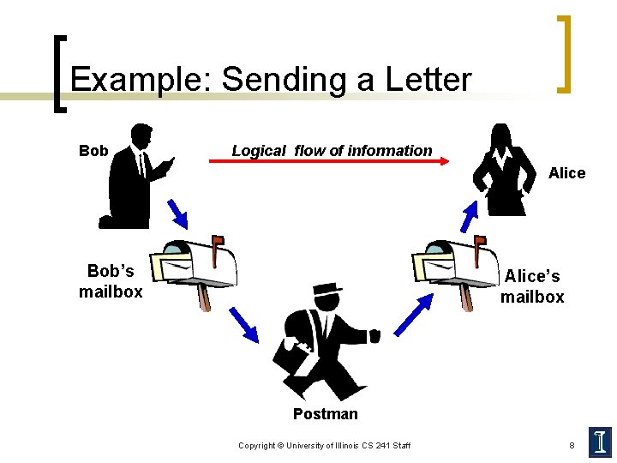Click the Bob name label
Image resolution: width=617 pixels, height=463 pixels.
[x=93, y=151]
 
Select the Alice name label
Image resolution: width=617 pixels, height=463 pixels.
[x=566, y=173]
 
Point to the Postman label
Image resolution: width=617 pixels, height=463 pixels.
[x=325, y=414]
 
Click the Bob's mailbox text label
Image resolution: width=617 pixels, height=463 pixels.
[x=111, y=281]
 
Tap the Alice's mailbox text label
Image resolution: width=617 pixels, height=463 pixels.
[x=532, y=286]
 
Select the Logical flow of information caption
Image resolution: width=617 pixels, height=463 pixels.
[x=332, y=150]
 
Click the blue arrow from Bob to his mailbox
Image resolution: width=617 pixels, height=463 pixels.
[x=177, y=213]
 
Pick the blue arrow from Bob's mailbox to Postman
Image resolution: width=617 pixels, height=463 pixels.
[x=243, y=322]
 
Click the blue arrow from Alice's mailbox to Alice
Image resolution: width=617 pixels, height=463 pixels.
[x=468, y=215]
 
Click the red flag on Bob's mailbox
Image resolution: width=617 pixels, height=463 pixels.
[x=219, y=241]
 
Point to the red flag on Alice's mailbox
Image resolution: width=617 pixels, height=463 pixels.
[x=481, y=241]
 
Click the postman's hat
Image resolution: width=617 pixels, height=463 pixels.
[x=326, y=289]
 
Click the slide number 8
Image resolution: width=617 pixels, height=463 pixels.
[x=572, y=446]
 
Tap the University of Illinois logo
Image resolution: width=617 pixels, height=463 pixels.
[x=600, y=442]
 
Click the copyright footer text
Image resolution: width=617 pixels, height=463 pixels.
[x=324, y=446]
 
